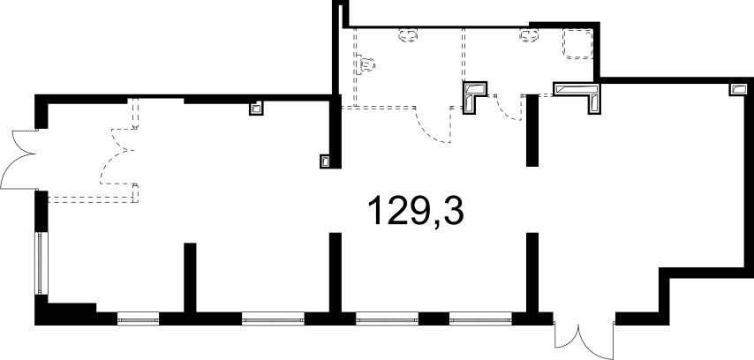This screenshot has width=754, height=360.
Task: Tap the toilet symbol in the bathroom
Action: pyautogui.click(x=366, y=64)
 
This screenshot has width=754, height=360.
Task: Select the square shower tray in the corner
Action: pyautogui.click(x=578, y=44)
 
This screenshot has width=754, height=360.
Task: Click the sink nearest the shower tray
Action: pyautogui.click(x=530, y=35)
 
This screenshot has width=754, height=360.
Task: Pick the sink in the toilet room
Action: pyautogui.click(x=408, y=35)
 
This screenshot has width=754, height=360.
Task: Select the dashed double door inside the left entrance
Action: pyautogui.click(x=117, y=156)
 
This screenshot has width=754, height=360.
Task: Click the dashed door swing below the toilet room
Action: pyautogui.click(x=433, y=125)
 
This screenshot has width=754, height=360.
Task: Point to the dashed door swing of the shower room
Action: pyautogui.click(x=509, y=108)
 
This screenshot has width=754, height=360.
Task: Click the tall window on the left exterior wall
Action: pyautogui.click(x=40, y=263)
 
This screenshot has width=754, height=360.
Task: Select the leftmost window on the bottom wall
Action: pyautogui.click(x=138, y=319)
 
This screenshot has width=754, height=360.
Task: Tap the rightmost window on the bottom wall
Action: pyautogui.click(x=480, y=319)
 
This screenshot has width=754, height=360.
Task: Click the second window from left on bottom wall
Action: pyautogui.click(x=273, y=319)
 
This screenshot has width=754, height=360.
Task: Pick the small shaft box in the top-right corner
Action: pyautogui.click(x=739, y=89)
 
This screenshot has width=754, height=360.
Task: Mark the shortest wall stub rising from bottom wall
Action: pyautogui.click(x=190, y=278)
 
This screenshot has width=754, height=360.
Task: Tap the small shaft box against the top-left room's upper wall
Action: pyautogui.click(x=257, y=109)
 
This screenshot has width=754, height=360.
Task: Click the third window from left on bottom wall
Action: pyautogui.click(x=387, y=319)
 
